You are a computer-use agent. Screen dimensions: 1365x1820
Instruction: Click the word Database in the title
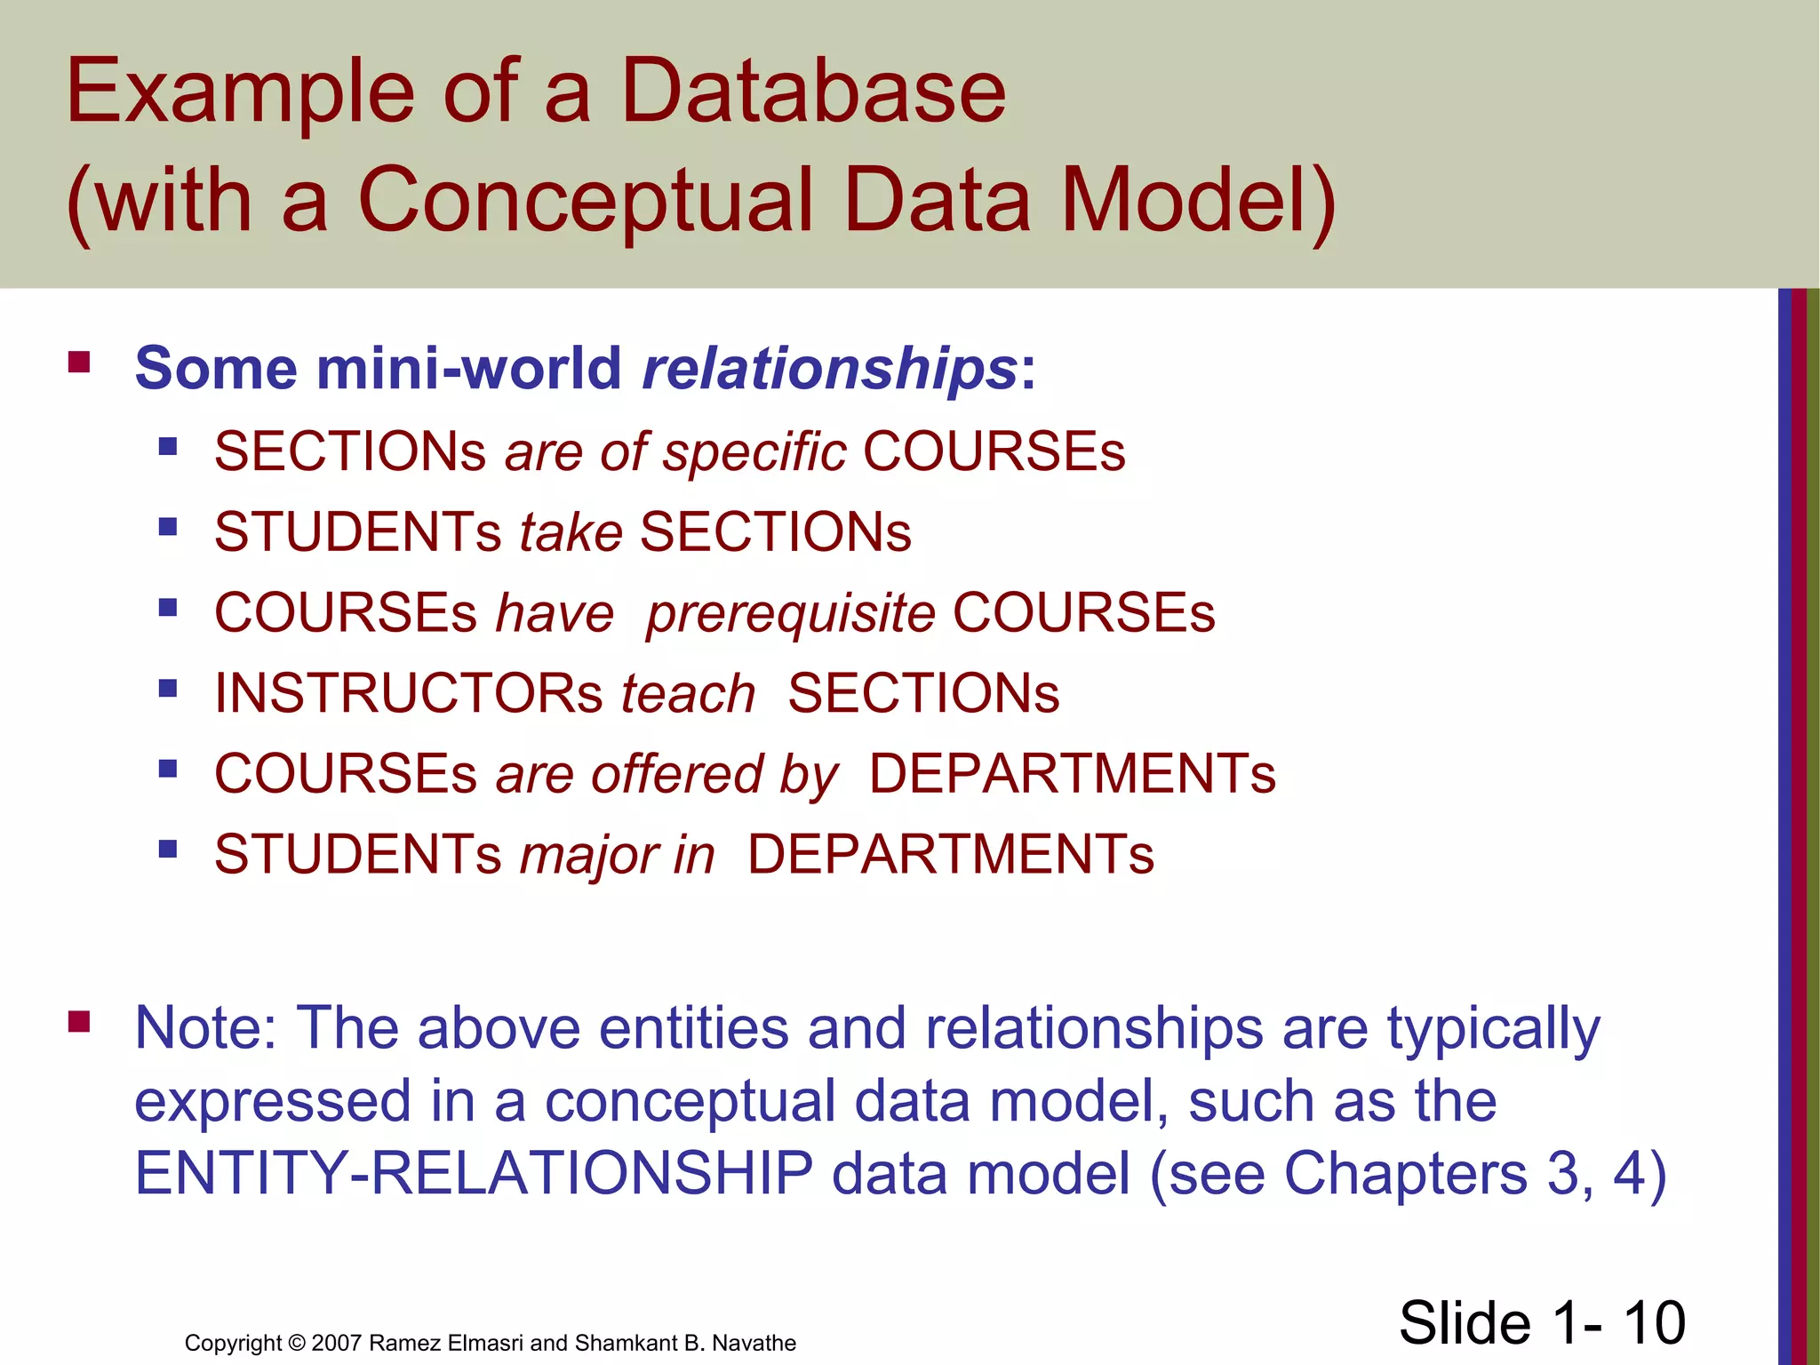[812, 91]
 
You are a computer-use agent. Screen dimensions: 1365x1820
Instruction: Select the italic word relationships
[830, 368]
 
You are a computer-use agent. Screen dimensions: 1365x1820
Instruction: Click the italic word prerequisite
[790, 613]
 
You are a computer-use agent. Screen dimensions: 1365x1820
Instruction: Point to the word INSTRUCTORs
[409, 693]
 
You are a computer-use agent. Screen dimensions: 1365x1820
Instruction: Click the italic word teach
[688, 693]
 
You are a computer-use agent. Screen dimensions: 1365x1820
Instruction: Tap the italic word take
[571, 532]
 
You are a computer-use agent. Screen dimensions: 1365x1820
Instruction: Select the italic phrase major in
[617, 855]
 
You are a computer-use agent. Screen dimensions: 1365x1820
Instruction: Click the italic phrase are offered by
[667, 774]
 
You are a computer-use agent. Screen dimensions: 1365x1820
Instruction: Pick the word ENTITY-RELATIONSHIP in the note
[474, 1173]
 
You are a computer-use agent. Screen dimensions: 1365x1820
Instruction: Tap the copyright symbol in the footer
[297, 1343]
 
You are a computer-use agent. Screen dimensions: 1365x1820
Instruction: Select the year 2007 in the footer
[336, 1343]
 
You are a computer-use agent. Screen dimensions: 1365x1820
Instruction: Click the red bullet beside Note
[79, 1022]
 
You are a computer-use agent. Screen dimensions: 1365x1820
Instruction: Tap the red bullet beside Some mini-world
[79, 362]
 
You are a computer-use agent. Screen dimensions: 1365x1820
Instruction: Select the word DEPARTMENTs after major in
[950, 855]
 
